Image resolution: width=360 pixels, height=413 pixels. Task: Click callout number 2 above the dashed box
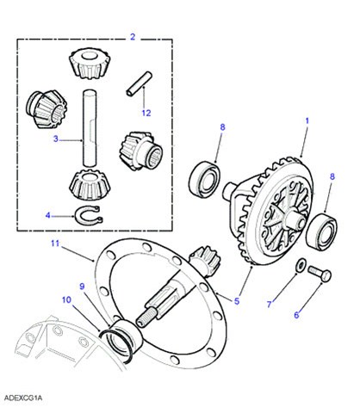(133, 37)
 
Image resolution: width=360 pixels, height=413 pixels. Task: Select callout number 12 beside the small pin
(146, 113)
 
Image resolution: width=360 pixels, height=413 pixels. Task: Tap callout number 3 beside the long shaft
(56, 139)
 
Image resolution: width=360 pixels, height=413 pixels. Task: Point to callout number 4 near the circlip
(48, 215)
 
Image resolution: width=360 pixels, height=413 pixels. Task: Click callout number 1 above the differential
(307, 121)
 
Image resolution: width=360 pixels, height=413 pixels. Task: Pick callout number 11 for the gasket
(55, 243)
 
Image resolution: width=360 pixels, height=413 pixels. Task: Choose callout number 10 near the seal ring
(66, 300)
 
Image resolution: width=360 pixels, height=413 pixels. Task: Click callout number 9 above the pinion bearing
(82, 287)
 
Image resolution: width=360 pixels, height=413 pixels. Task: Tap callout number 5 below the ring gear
(237, 301)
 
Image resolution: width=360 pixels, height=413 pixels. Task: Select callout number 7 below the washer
(270, 305)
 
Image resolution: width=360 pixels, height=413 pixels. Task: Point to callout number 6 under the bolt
(296, 315)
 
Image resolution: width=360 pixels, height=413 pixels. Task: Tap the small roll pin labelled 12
(139, 83)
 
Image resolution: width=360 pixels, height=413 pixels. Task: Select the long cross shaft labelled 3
(90, 128)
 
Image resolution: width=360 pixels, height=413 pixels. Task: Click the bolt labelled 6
(320, 274)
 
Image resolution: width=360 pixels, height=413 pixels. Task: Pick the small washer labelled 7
(301, 265)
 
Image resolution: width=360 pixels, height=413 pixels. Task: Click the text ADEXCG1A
(23, 398)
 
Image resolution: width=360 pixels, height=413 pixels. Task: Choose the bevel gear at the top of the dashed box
(90, 63)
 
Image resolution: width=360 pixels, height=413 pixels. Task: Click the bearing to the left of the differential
(205, 180)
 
